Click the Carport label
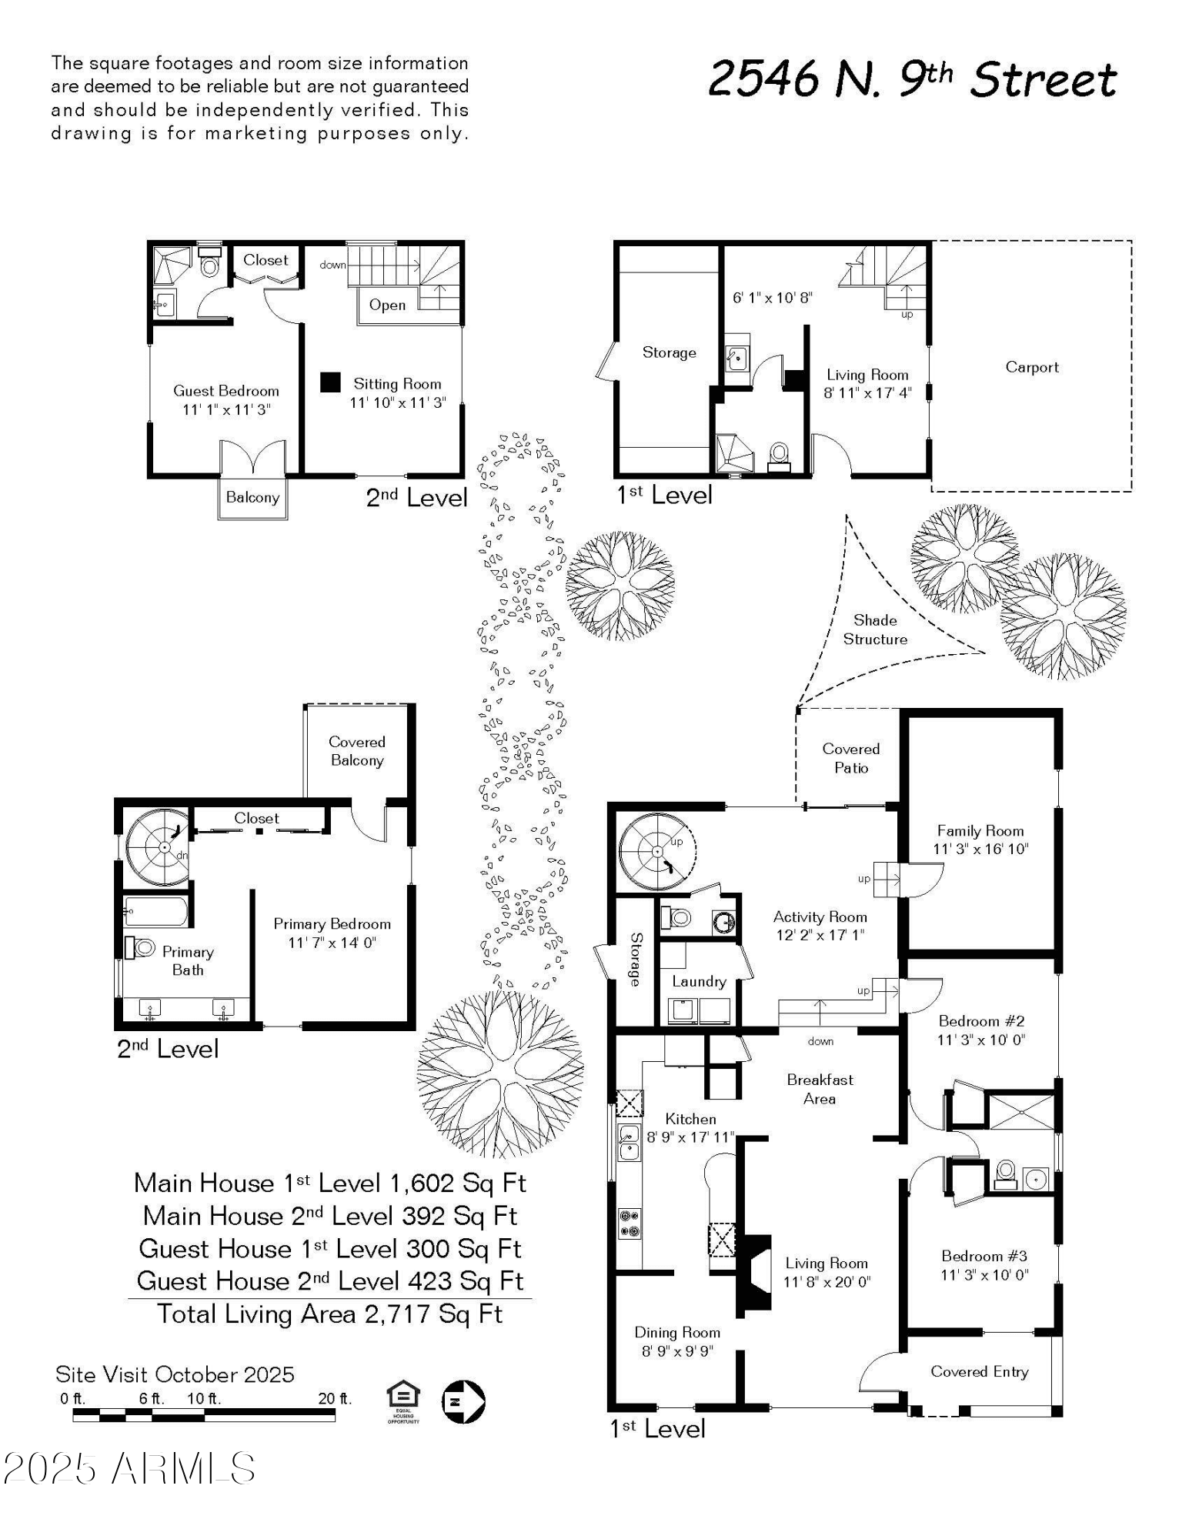coord(1031,367)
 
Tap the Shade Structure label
coord(875,629)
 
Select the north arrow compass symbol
coord(463,1401)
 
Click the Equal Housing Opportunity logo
coord(403,1402)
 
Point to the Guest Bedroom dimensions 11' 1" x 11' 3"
coord(226,409)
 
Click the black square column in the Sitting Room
coord(330,382)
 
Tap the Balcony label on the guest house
coord(252,497)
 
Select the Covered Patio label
coord(851,758)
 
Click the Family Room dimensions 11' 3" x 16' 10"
coord(980,849)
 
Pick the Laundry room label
coord(699,981)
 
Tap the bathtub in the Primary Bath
coord(156,912)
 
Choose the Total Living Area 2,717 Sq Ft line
coord(329,1314)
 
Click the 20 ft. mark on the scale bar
coord(335,1398)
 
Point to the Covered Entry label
coord(980,1371)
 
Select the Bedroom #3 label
coord(984,1256)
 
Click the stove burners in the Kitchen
coord(630,1224)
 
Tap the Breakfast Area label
coord(820,1089)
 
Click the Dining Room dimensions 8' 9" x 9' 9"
coord(677,1350)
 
